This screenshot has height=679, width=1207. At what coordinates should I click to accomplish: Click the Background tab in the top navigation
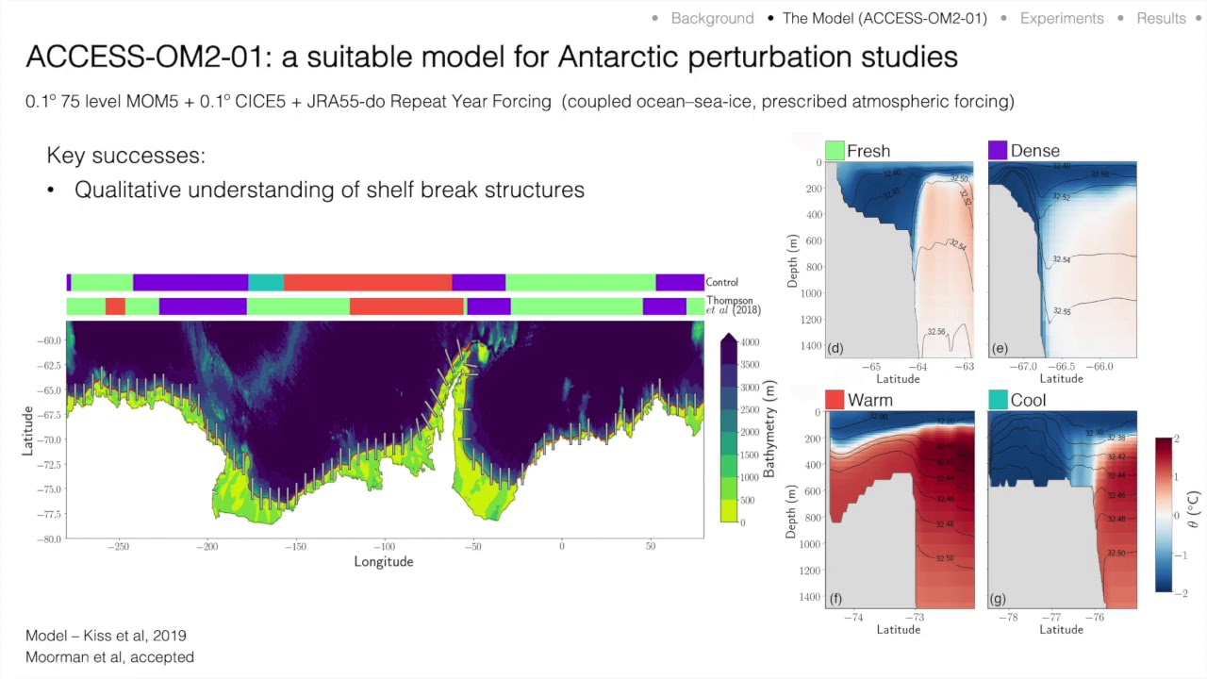tap(712, 18)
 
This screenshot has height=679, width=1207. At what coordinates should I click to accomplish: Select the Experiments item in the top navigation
tap(1061, 18)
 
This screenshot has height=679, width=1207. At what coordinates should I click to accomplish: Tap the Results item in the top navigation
tap(1160, 18)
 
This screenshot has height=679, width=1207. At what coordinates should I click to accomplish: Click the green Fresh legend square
tap(835, 151)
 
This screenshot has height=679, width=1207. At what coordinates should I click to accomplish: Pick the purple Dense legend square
tap(998, 151)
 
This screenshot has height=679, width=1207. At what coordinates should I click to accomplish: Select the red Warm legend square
tap(835, 400)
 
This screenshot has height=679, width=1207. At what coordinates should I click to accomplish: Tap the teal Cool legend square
tap(998, 400)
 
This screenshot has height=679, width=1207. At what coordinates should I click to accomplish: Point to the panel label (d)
tap(835, 348)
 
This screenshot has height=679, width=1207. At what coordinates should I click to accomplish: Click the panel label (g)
tap(999, 598)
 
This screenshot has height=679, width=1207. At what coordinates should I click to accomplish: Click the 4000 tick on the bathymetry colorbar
tap(750, 342)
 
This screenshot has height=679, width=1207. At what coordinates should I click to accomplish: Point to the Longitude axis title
tap(384, 562)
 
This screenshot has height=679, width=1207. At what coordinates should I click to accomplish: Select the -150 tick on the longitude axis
tap(295, 546)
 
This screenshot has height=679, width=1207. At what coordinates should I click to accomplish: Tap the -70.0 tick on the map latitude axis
tap(49, 439)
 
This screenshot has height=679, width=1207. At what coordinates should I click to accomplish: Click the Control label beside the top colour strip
tap(722, 282)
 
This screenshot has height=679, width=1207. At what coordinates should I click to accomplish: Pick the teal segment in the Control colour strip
tap(266, 282)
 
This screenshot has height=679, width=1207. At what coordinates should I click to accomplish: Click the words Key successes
tap(125, 156)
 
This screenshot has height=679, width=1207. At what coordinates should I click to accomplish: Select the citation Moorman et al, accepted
tap(109, 657)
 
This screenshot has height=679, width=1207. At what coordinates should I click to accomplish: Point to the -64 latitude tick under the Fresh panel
tap(917, 366)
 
